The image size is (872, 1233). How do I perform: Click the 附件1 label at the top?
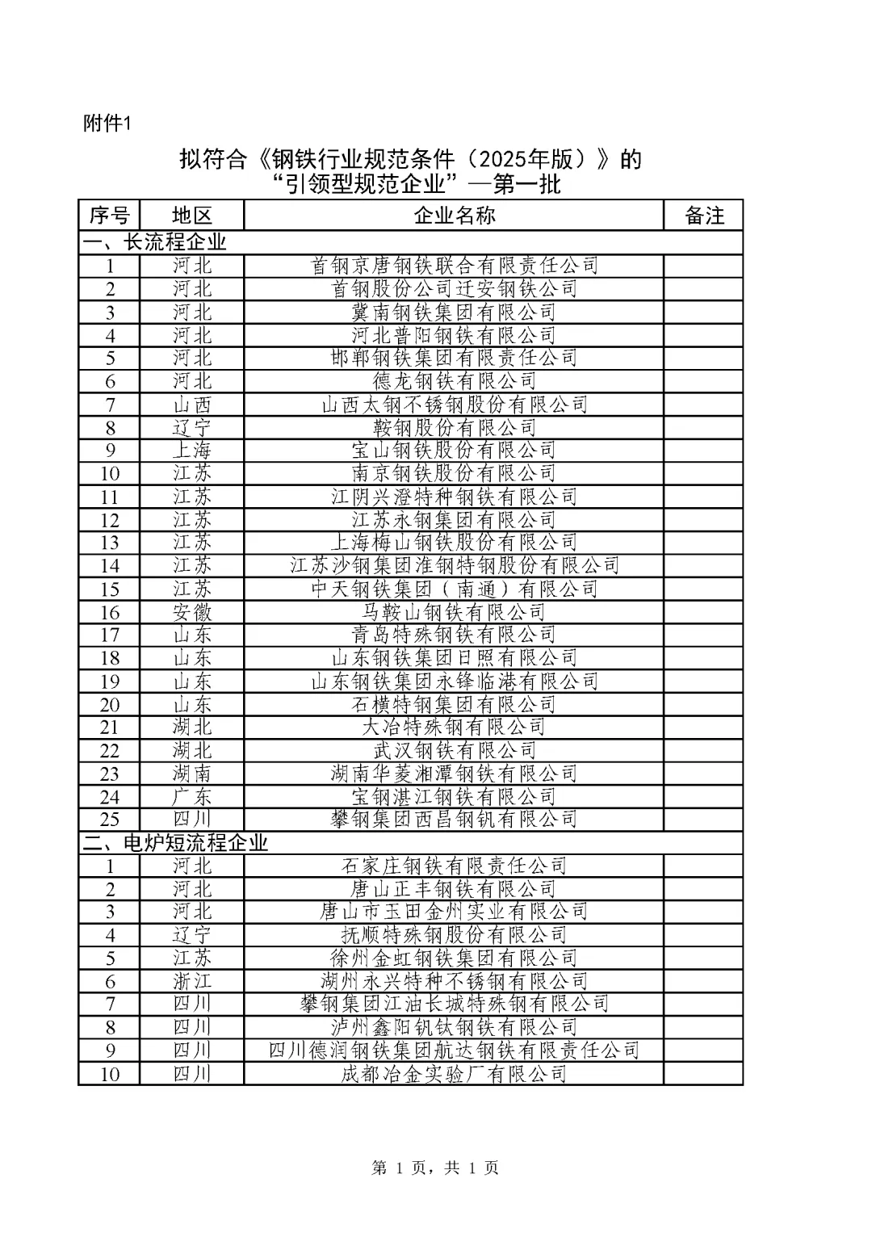107,124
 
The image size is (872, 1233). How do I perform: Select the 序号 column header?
109,216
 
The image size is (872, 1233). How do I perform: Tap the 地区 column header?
192,216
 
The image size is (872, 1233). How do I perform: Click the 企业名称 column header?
454,216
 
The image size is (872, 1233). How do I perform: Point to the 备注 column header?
704,216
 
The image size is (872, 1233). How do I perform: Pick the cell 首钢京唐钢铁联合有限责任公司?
454,266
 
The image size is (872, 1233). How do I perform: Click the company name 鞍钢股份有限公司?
454,427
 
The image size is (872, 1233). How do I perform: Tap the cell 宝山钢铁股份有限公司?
454,450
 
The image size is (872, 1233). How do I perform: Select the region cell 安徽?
192,612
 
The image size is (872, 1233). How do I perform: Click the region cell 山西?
192,405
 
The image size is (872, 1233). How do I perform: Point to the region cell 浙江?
192,981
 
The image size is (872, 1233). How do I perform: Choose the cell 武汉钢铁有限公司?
454,750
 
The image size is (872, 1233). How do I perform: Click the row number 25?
109,820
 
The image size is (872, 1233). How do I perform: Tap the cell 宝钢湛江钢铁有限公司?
454,797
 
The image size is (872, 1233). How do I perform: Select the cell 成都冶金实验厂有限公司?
454,1074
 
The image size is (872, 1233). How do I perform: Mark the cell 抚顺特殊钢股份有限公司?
454,935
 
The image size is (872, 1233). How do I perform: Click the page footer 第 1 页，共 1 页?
435,1168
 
